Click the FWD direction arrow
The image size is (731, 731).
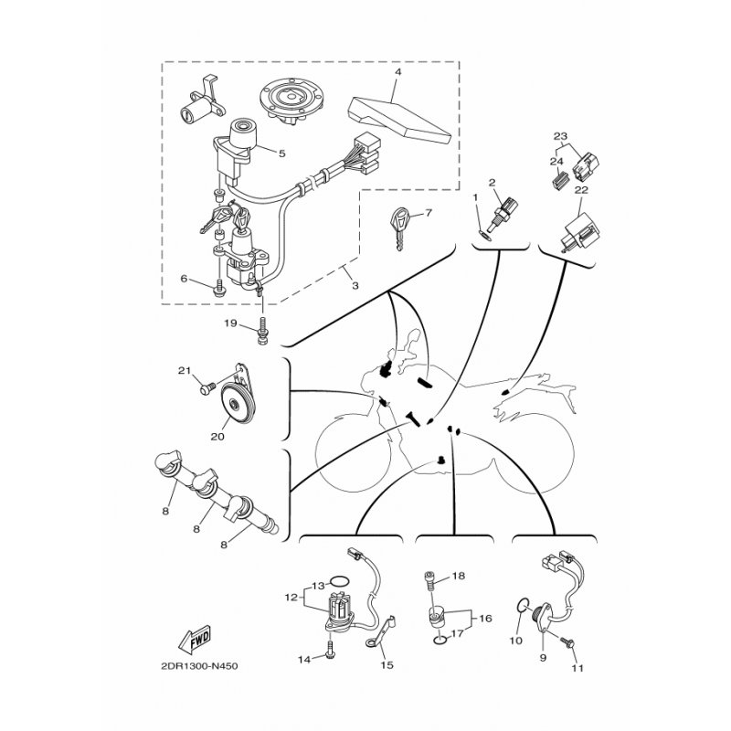coord(195,638)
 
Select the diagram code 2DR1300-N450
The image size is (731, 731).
coord(199,666)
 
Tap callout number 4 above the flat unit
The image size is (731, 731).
coord(397,72)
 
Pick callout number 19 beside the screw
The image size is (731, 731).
coord(231,323)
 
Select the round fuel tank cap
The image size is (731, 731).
coord(291,100)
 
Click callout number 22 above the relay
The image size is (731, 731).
coord(581,190)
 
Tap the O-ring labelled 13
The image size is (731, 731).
coord(339,581)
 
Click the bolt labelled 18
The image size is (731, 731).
coord(429,579)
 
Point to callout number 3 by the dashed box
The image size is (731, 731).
coord(355,285)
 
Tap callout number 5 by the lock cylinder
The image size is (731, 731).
coord(281,153)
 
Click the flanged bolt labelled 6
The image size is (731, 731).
coord(217,291)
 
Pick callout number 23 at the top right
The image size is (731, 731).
coord(560,136)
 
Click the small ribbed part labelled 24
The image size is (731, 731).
coord(560,180)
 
